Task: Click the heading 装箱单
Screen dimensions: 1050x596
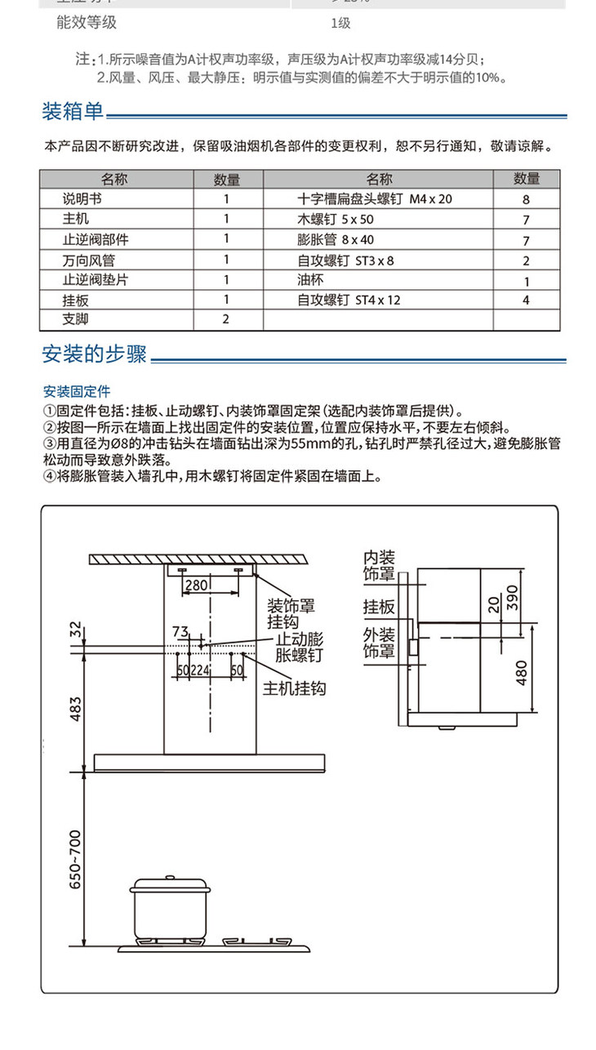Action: click(x=73, y=111)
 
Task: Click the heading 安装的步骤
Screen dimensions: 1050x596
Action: click(x=94, y=354)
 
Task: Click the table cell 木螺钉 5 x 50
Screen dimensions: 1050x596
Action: click(x=335, y=219)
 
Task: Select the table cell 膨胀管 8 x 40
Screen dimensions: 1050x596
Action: click(x=335, y=240)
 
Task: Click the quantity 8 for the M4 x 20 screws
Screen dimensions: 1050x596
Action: click(x=526, y=199)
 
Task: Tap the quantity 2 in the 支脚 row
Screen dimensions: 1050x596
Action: click(x=226, y=318)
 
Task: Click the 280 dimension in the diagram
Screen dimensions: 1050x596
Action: click(x=196, y=585)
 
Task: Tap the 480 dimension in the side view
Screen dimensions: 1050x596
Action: click(x=522, y=672)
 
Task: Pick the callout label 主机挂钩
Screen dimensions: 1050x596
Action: click(x=294, y=689)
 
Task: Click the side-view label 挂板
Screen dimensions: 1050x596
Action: click(x=379, y=607)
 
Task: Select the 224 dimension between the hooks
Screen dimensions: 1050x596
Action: click(x=201, y=670)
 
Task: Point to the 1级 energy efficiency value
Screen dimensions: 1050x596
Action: click(x=341, y=23)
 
